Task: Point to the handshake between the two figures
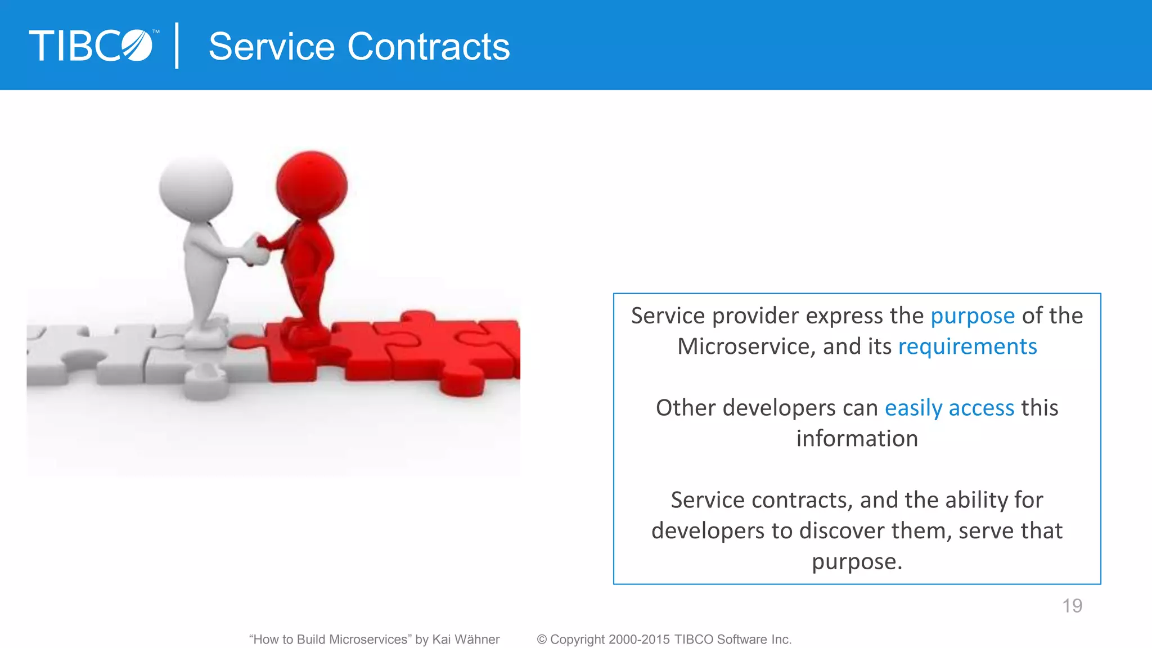coord(256,248)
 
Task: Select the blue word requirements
coord(967,346)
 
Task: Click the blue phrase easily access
coord(949,408)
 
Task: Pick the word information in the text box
coord(857,439)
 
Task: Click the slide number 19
coord(1072,606)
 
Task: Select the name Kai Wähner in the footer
coord(466,640)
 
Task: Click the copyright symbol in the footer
coord(542,640)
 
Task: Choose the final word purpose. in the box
coord(857,562)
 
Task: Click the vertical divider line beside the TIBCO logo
coord(177,46)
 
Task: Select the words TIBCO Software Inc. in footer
coord(733,640)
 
